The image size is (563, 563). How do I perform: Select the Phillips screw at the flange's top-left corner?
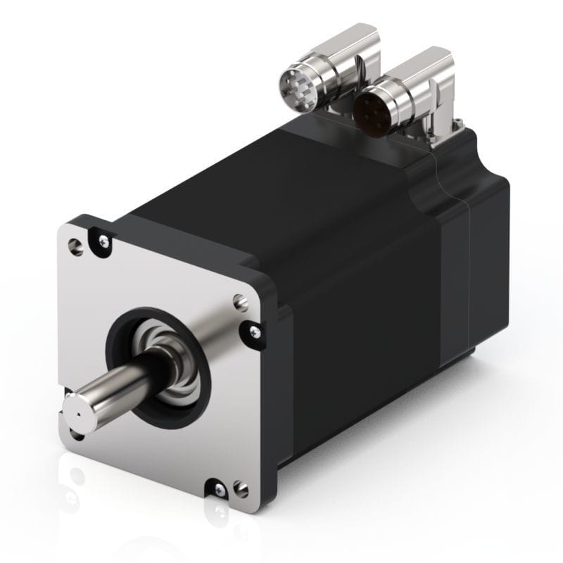104,241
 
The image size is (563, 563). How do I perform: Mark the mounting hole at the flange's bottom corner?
240,486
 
